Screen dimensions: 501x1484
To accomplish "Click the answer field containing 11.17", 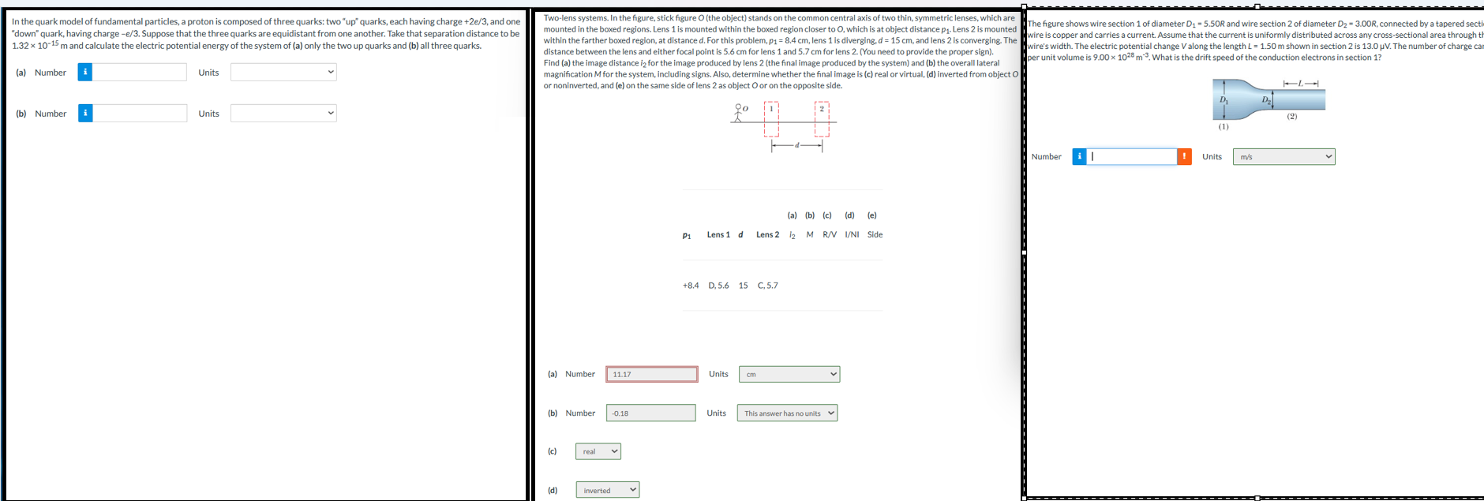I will coord(652,374).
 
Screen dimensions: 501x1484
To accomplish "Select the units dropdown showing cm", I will coord(789,374).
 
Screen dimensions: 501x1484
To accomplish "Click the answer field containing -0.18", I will coord(651,413).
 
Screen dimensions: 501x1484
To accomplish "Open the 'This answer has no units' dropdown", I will coord(787,413).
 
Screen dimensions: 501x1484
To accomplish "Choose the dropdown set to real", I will coord(598,451).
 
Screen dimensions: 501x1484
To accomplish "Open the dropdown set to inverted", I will coord(607,490).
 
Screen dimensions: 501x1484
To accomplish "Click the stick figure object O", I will coord(739,113).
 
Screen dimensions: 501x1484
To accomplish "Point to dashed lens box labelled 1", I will coord(771,119).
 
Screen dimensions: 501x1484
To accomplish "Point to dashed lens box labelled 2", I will coord(822,119).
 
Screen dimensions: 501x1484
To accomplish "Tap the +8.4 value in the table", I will coord(691,286).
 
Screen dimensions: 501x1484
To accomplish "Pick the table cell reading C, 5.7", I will coord(767,286).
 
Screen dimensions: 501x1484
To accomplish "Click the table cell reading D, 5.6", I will coord(718,286).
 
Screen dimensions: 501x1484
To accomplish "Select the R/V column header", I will coord(830,234).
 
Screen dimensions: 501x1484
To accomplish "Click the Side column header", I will coord(875,234).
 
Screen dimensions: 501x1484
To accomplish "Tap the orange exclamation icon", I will coord(1184,156).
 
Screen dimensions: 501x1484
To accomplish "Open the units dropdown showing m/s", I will coord(1284,156).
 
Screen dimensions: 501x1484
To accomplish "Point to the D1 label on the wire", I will coord(1224,100).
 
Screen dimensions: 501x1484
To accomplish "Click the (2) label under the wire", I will coord(1291,116).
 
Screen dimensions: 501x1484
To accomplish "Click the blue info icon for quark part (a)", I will coord(85,72).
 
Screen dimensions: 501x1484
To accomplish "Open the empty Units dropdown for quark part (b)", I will coord(283,113).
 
